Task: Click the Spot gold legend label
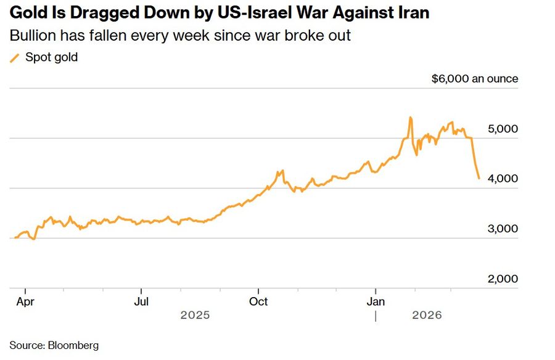51,57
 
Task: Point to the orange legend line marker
15,57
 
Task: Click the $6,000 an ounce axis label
475,79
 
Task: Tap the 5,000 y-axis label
503,129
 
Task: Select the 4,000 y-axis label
503,179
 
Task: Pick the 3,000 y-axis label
503,229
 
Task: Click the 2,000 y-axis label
503,279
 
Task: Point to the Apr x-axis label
25,301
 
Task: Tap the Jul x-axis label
141,301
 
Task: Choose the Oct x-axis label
258,301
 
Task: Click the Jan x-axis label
376,301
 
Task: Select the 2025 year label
195,315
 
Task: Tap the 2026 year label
427,315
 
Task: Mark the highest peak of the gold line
410,117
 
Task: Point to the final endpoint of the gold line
479,178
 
